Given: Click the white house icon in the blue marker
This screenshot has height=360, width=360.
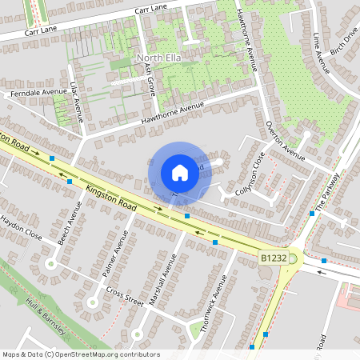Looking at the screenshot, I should (x=180, y=172).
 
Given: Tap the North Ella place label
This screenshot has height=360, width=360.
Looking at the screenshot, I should (x=161, y=58).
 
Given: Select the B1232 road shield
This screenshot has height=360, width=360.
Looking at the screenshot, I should (x=272, y=258).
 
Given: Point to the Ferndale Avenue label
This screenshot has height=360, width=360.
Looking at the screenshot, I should (x=37, y=93).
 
